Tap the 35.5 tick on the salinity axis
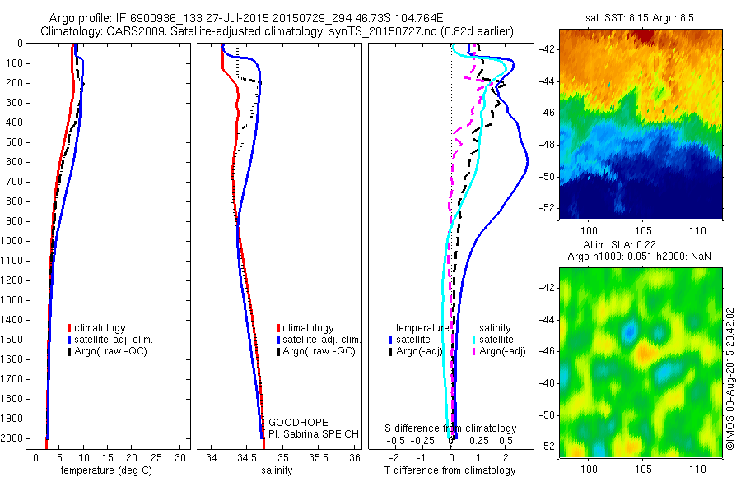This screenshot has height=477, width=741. point(319,457)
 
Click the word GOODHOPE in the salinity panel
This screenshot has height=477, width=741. point(293,422)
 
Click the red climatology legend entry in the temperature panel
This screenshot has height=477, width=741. point(98,328)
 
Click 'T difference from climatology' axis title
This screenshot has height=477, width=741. point(450,470)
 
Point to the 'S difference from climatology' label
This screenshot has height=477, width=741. point(451,428)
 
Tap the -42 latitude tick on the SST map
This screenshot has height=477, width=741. point(550,49)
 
